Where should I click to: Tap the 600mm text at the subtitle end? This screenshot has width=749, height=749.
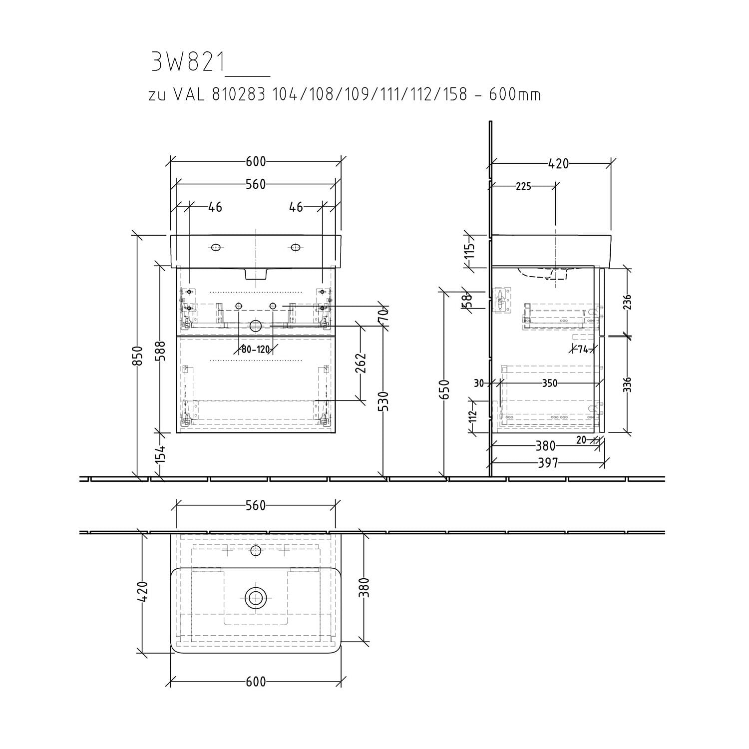click(514, 94)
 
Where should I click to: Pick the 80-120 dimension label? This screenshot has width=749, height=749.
click(255, 349)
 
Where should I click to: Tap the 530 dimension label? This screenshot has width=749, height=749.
click(384, 401)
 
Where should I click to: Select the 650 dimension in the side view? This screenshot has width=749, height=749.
click(445, 389)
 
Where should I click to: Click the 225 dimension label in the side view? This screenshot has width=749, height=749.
click(523, 186)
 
